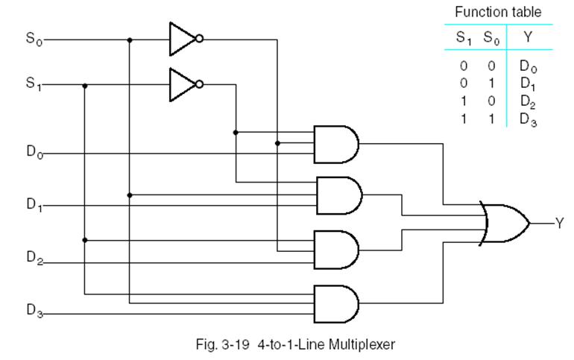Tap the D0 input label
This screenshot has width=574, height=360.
34,153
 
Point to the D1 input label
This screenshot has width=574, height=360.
34,205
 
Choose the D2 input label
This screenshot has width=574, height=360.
34,258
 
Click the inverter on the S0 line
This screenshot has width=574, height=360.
185,40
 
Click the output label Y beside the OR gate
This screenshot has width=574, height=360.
560,223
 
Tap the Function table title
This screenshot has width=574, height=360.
498,13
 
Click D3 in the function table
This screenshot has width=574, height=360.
529,119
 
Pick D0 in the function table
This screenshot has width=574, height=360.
529,66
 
